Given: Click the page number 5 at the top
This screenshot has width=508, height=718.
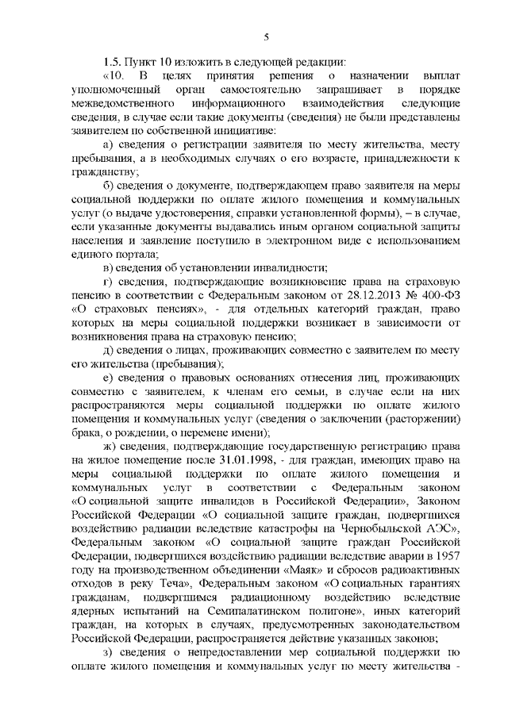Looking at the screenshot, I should point(266,36).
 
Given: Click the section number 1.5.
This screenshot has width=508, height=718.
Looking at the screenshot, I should point(113,62).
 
